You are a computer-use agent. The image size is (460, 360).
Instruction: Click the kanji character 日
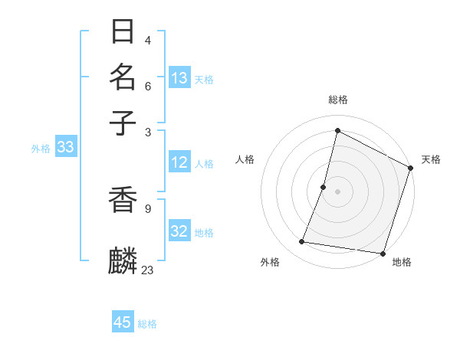tap(123, 32)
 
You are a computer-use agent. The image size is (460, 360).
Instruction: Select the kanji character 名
tap(123, 77)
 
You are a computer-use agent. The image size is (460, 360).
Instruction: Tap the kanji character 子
tap(123, 123)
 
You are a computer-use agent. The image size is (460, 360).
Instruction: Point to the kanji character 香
tap(123, 201)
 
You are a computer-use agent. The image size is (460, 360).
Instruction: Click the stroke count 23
tap(148, 270)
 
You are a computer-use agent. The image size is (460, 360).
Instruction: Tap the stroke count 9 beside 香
tap(147, 207)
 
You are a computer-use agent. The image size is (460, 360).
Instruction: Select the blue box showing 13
tap(179, 78)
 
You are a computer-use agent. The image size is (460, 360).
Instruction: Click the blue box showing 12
tap(179, 162)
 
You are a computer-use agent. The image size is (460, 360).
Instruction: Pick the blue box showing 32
tap(179, 231)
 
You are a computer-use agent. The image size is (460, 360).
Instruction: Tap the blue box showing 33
tap(65, 148)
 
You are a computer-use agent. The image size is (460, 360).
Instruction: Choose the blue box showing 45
tap(123, 322)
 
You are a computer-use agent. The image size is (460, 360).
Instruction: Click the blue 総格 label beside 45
tap(147, 324)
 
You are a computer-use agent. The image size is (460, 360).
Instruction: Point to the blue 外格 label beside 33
tap(41, 149)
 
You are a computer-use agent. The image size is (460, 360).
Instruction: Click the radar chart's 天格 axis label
tap(431, 159)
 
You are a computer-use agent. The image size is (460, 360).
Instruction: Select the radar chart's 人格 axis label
tap(245, 159)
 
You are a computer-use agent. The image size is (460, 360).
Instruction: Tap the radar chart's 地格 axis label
tap(402, 263)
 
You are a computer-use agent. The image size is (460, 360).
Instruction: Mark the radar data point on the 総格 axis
tap(337, 130)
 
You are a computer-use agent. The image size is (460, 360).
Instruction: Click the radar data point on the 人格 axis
tap(324, 187)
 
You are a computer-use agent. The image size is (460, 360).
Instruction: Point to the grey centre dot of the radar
tap(337, 191)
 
